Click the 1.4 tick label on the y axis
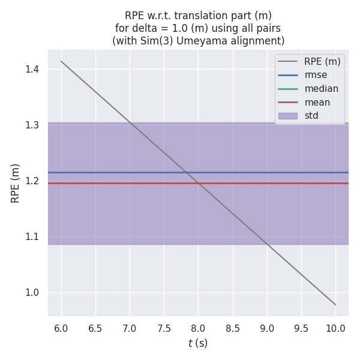tap(32, 70)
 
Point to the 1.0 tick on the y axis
tap(32, 293)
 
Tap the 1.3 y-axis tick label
tap(32, 125)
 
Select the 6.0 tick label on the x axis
tap(61, 328)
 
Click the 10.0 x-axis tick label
tap(335, 328)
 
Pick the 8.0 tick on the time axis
tap(198, 328)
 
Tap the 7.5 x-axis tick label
tap(164, 328)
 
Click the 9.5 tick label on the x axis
tap(301, 328)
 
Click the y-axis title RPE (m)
tap(16, 183)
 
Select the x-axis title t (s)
tap(198, 343)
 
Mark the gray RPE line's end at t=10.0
tap(335, 305)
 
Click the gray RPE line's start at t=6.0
tap(61, 61)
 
